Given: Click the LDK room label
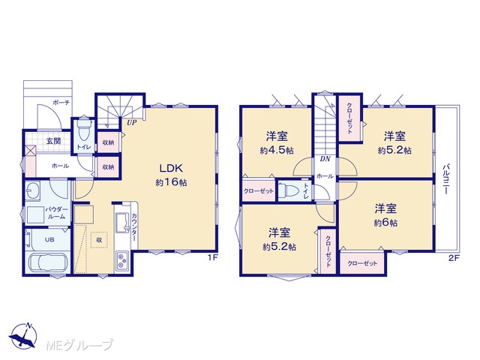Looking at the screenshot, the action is [x=171, y=168].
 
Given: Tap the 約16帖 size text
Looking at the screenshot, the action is [x=171, y=182].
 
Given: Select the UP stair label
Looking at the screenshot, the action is [x=132, y=123].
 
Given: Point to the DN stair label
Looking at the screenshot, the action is [x=325, y=159].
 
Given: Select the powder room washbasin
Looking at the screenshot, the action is [x=32, y=190].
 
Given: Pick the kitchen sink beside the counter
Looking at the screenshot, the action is [x=121, y=222].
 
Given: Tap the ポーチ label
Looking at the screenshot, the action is [x=61, y=103].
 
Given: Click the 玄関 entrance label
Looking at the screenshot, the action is [x=53, y=141].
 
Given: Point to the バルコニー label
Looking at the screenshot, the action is [x=446, y=179].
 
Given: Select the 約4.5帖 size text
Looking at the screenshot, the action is [x=277, y=150].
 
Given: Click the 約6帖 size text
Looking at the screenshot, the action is [x=385, y=223].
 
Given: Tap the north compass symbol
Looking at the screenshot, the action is [x=23, y=336].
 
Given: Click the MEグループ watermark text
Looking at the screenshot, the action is [x=79, y=345].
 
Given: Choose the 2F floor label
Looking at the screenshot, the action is [x=454, y=258].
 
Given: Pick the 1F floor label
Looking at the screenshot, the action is [x=213, y=257].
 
